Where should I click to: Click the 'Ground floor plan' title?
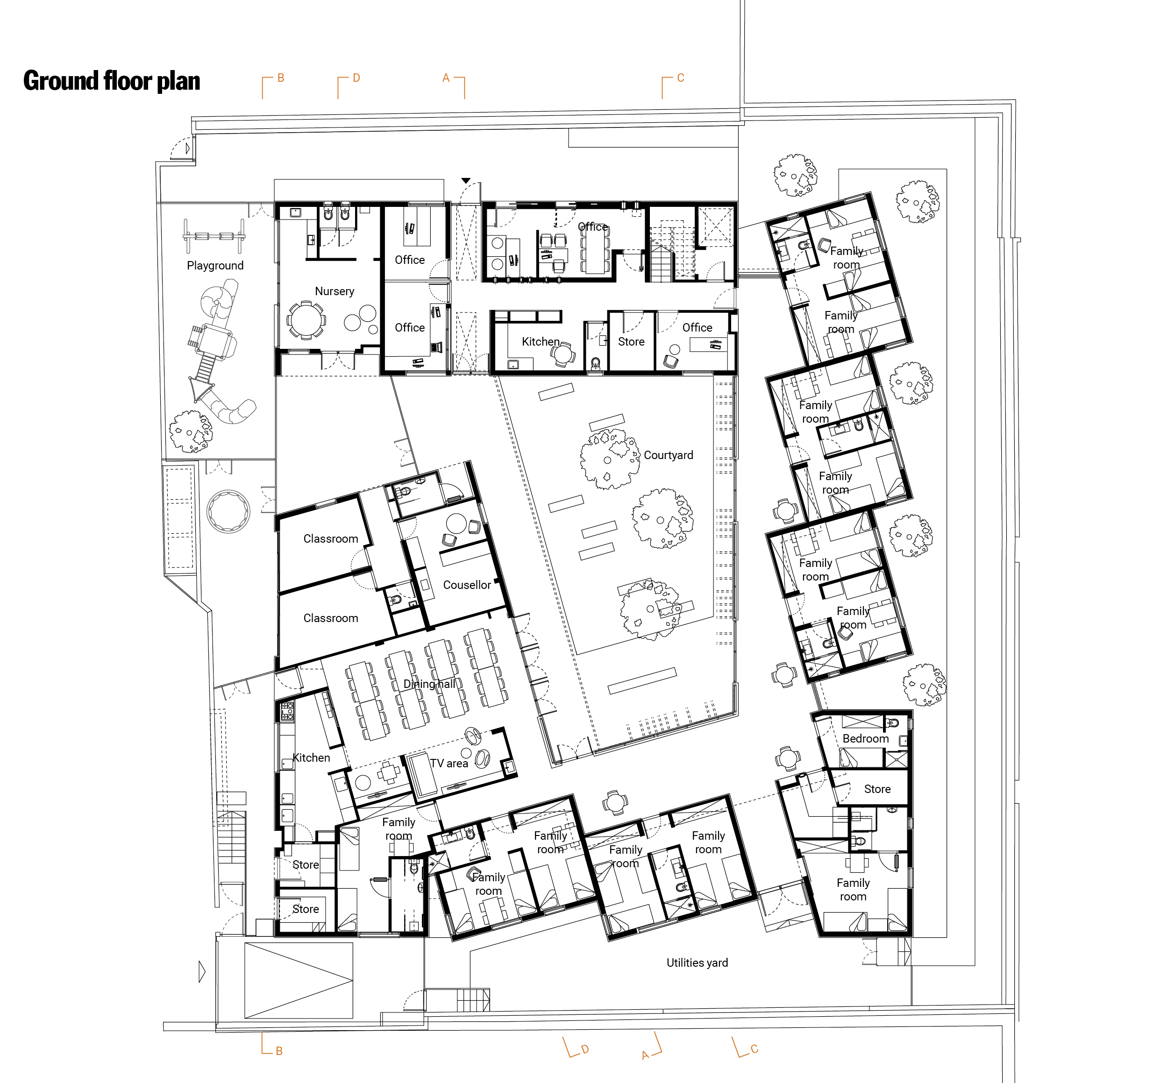pyautogui.click(x=111, y=81)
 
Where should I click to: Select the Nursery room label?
pyautogui.click(x=334, y=291)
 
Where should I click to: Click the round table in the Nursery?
pyautogui.click(x=305, y=320)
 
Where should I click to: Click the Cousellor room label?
pyautogui.click(x=467, y=585)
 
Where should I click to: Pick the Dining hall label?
pyautogui.click(x=429, y=684)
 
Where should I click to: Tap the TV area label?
pyautogui.click(x=449, y=764)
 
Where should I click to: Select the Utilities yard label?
pyautogui.click(x=697, y=963)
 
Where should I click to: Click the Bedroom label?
pyautogui.click(x=865, y=738)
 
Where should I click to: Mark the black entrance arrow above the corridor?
pyautogui.click(x=465, y=180)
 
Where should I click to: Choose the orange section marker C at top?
pyautogui.click(x=680, y=78)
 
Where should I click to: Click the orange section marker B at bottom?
pyautogui.click(x=279, y=1051)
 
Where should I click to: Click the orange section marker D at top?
pyautogui.click(x=356, y=78)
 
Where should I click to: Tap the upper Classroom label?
pyautogui.click(x=330, y=538)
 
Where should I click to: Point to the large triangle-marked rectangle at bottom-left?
pyautogui.click(x=299, y=980)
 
